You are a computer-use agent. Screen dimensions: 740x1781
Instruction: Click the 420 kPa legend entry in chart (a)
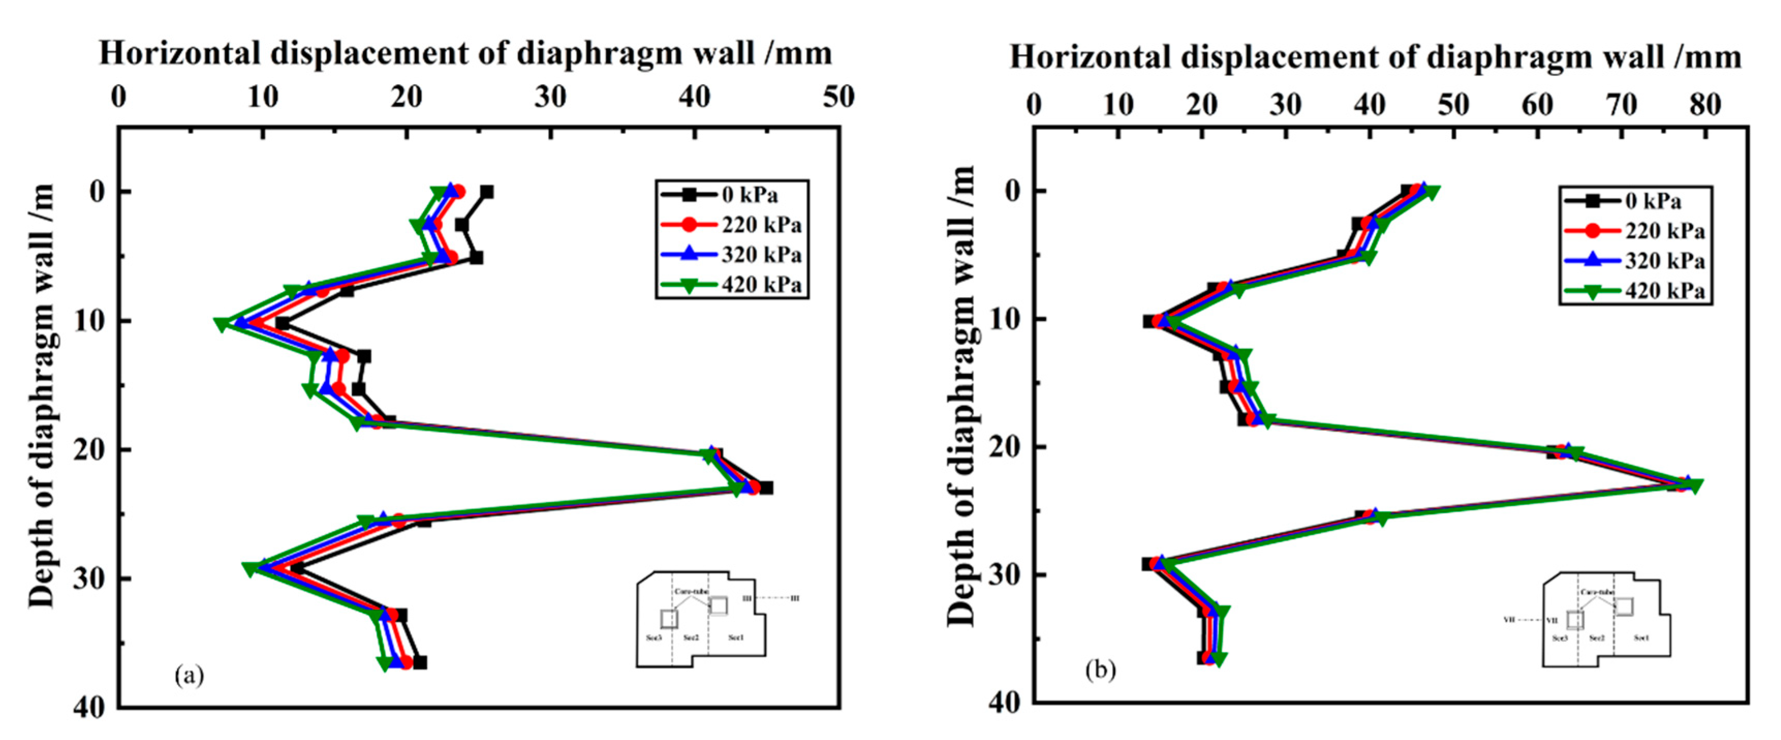pos(760,284)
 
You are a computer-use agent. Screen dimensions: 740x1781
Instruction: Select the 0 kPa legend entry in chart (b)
pos(1653,201)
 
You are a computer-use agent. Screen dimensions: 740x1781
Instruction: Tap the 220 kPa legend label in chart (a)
pos(760,225)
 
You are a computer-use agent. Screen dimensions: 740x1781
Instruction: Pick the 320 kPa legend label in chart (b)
pos(1664,261)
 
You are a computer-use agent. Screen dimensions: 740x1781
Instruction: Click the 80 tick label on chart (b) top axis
pos(1705,105)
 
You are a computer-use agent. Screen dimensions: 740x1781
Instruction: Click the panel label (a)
pos(189,675)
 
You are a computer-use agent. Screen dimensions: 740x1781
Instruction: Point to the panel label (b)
pos(1100,669)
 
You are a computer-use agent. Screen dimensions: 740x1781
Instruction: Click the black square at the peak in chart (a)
pos(766,488)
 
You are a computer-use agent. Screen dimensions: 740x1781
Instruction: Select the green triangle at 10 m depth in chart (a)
pos(221,325)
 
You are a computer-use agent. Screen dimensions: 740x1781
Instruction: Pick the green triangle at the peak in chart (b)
pos(1695,486)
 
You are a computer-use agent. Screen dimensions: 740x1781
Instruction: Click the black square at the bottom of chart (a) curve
pos(419,662)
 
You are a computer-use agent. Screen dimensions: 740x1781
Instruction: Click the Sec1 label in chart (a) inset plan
pos(736,637)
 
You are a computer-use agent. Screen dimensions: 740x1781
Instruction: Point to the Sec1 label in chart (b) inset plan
pos(1642,638)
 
